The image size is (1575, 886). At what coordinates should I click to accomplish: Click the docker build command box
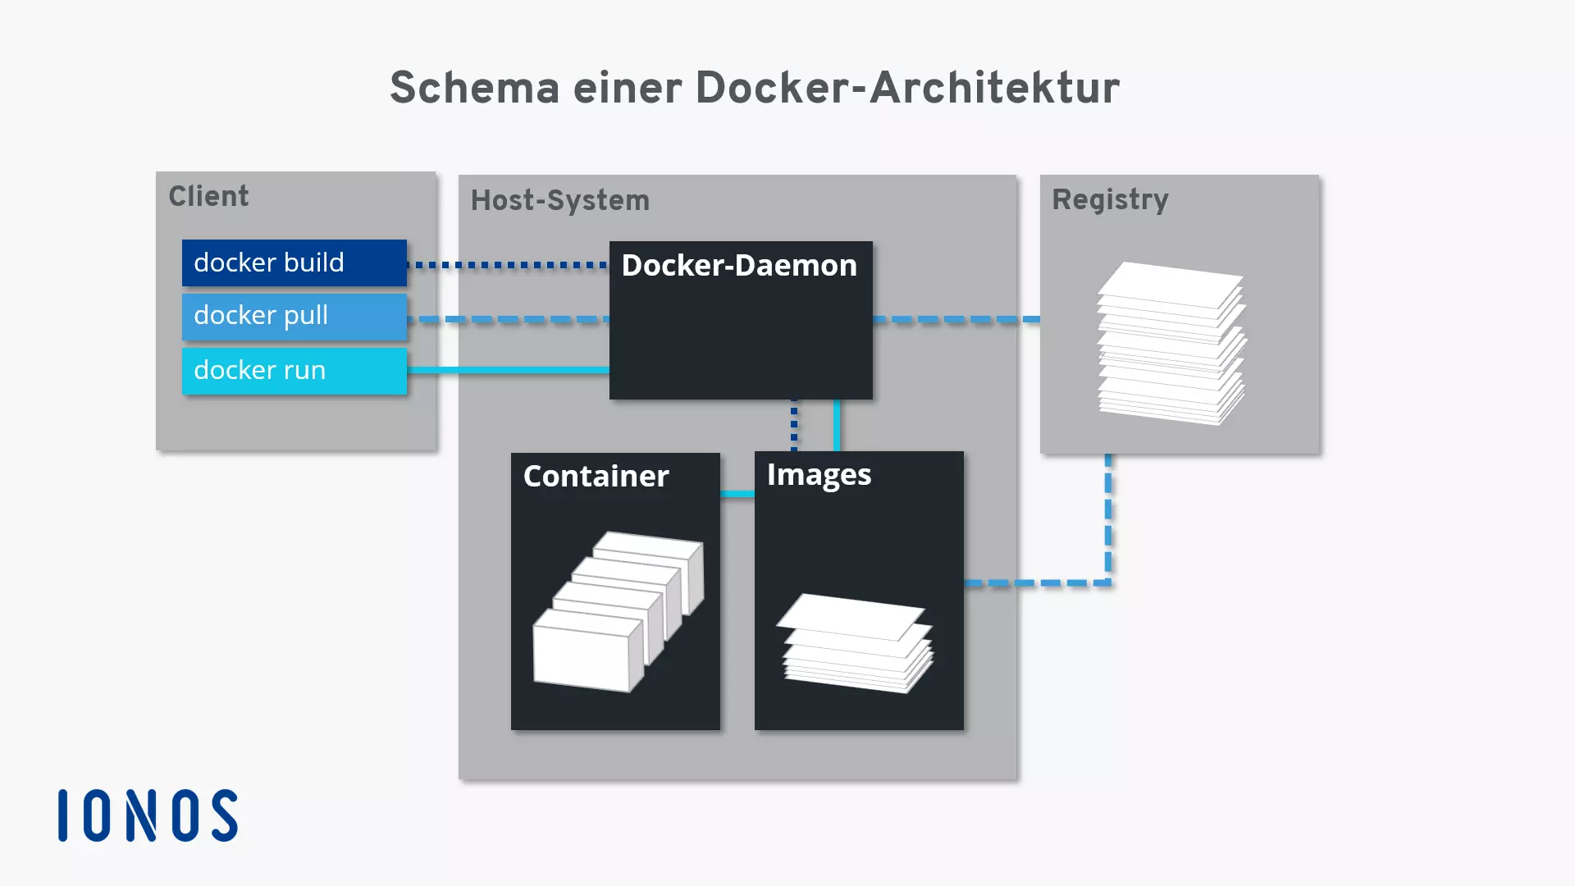click(294, 263)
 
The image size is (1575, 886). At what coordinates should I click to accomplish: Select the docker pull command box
click(294, 316)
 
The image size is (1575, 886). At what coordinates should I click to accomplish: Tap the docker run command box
click(294, 371)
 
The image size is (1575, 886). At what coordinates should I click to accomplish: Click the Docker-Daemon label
click(739, 266)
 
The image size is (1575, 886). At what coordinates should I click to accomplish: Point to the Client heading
click(208, 197)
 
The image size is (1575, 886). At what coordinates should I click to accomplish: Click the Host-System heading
click(559, 201)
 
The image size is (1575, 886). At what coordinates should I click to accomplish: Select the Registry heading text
click(1110, 200)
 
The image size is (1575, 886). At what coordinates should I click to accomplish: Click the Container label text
click(596, 477)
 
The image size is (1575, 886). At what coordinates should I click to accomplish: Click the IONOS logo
click(148, 815)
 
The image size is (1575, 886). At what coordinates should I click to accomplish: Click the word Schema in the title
click(474, 88)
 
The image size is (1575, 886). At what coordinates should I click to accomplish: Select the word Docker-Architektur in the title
click(907, 88)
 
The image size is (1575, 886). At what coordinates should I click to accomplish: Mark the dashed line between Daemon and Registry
click(956, 319)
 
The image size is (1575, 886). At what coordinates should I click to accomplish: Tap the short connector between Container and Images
click(737, 494)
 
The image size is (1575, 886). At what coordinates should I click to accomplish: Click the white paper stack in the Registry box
click(1171, 343)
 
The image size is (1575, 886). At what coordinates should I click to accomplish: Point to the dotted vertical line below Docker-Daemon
click(794, 425)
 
